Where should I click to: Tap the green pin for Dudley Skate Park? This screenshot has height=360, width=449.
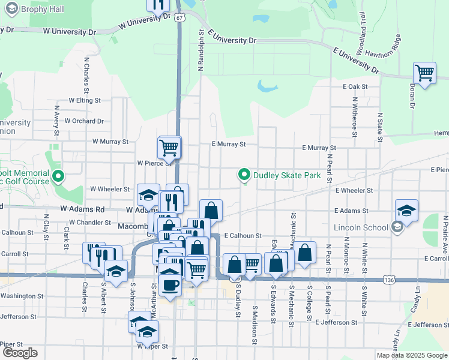244,175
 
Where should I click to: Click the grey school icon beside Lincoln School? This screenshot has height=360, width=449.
397,227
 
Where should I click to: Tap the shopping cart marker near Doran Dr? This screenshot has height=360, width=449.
424,74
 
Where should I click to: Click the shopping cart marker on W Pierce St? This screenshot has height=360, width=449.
169,147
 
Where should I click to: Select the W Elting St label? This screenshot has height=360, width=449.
85,100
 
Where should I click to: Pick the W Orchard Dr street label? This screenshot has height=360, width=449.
84,121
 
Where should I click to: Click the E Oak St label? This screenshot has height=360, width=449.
355,87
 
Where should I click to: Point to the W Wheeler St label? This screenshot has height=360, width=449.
110,189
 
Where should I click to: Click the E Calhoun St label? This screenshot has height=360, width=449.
244,236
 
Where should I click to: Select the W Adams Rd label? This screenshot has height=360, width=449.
82,209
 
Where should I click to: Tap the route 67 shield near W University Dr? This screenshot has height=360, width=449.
180,17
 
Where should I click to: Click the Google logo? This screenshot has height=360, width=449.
20,353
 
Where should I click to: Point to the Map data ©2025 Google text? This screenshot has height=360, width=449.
412,355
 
